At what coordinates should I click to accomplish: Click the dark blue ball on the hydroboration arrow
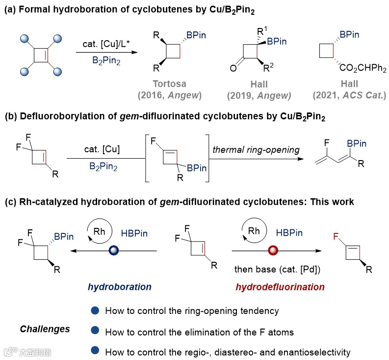point(113,250)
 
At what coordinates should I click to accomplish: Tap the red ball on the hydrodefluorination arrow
point(273,250)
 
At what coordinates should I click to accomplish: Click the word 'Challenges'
point(46,329)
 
